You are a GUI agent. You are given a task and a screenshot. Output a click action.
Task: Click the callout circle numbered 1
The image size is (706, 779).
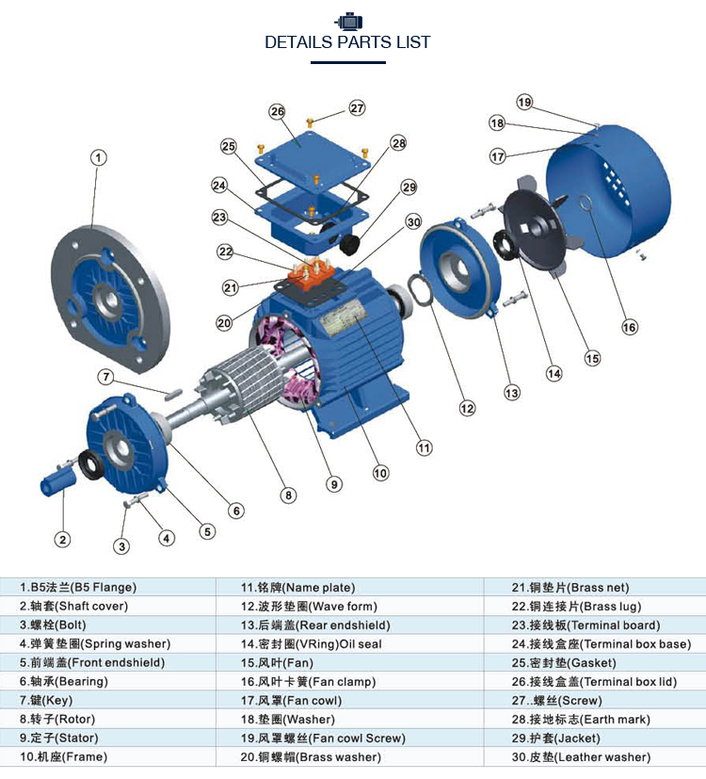(99, 157)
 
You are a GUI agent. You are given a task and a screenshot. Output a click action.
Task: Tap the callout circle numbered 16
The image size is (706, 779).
(629, 327)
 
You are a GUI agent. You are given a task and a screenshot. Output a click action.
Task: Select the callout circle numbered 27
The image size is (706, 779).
(357, 107)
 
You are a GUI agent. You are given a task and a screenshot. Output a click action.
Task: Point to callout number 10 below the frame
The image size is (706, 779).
(380, 473)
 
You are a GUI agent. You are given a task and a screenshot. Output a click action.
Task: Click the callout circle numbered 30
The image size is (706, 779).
(413, 222)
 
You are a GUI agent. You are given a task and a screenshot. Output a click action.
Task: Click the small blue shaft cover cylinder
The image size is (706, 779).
(56, 485)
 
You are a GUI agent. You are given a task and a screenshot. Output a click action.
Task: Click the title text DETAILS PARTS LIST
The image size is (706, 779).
(347, 42)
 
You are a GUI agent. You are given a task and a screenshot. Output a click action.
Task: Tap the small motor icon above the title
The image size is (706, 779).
(348, 20)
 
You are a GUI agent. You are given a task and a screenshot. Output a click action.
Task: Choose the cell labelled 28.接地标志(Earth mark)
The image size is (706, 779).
(580, 719)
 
